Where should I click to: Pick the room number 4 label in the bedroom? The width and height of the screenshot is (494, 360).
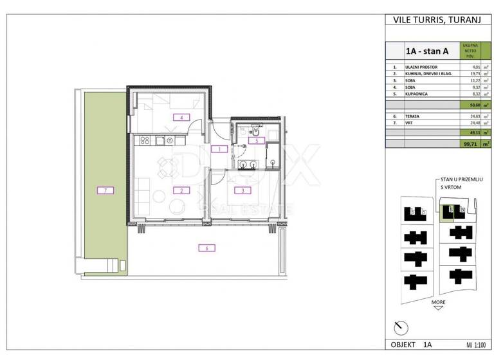182,117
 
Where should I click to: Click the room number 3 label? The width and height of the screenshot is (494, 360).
242,190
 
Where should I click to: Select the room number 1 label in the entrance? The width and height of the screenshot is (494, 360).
219,149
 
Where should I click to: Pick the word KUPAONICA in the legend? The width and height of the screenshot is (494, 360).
419,94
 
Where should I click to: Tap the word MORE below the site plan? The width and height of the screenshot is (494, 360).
438,301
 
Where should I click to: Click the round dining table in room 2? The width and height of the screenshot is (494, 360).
167,169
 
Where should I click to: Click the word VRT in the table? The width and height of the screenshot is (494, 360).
410,123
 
